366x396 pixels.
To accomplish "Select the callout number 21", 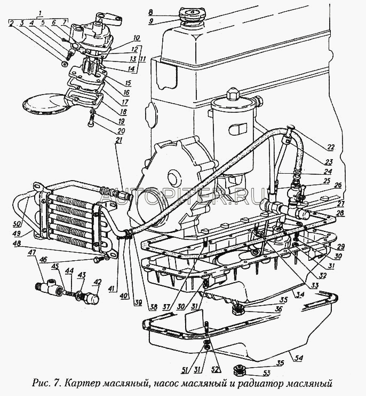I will point(118,140).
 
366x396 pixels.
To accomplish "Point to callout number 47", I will point(32,252).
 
